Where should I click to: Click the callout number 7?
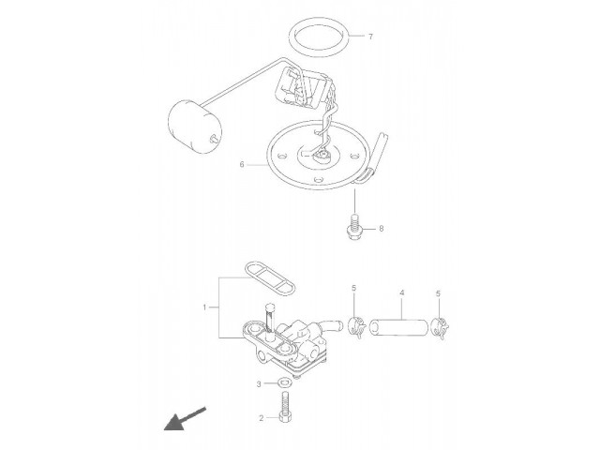[x=370, y=37]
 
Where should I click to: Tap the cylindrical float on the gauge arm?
[x=195, y=127]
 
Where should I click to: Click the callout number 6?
[x=242, y=165]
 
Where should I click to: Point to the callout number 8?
[x=382, y=229]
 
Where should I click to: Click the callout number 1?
[x=204, y=307]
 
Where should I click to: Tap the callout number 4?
[x=402, y=293]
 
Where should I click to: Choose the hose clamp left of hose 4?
[x=356, y=327]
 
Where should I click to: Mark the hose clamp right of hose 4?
[x=440, y=328]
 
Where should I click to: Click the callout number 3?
[x=259, y=384]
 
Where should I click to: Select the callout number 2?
[x=262, y=419]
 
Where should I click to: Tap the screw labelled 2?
[x=286, y=407]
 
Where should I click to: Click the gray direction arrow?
[x=185, y=419]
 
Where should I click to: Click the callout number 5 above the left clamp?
[x=354, y=288]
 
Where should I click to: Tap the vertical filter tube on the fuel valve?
[x=269, y=321]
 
